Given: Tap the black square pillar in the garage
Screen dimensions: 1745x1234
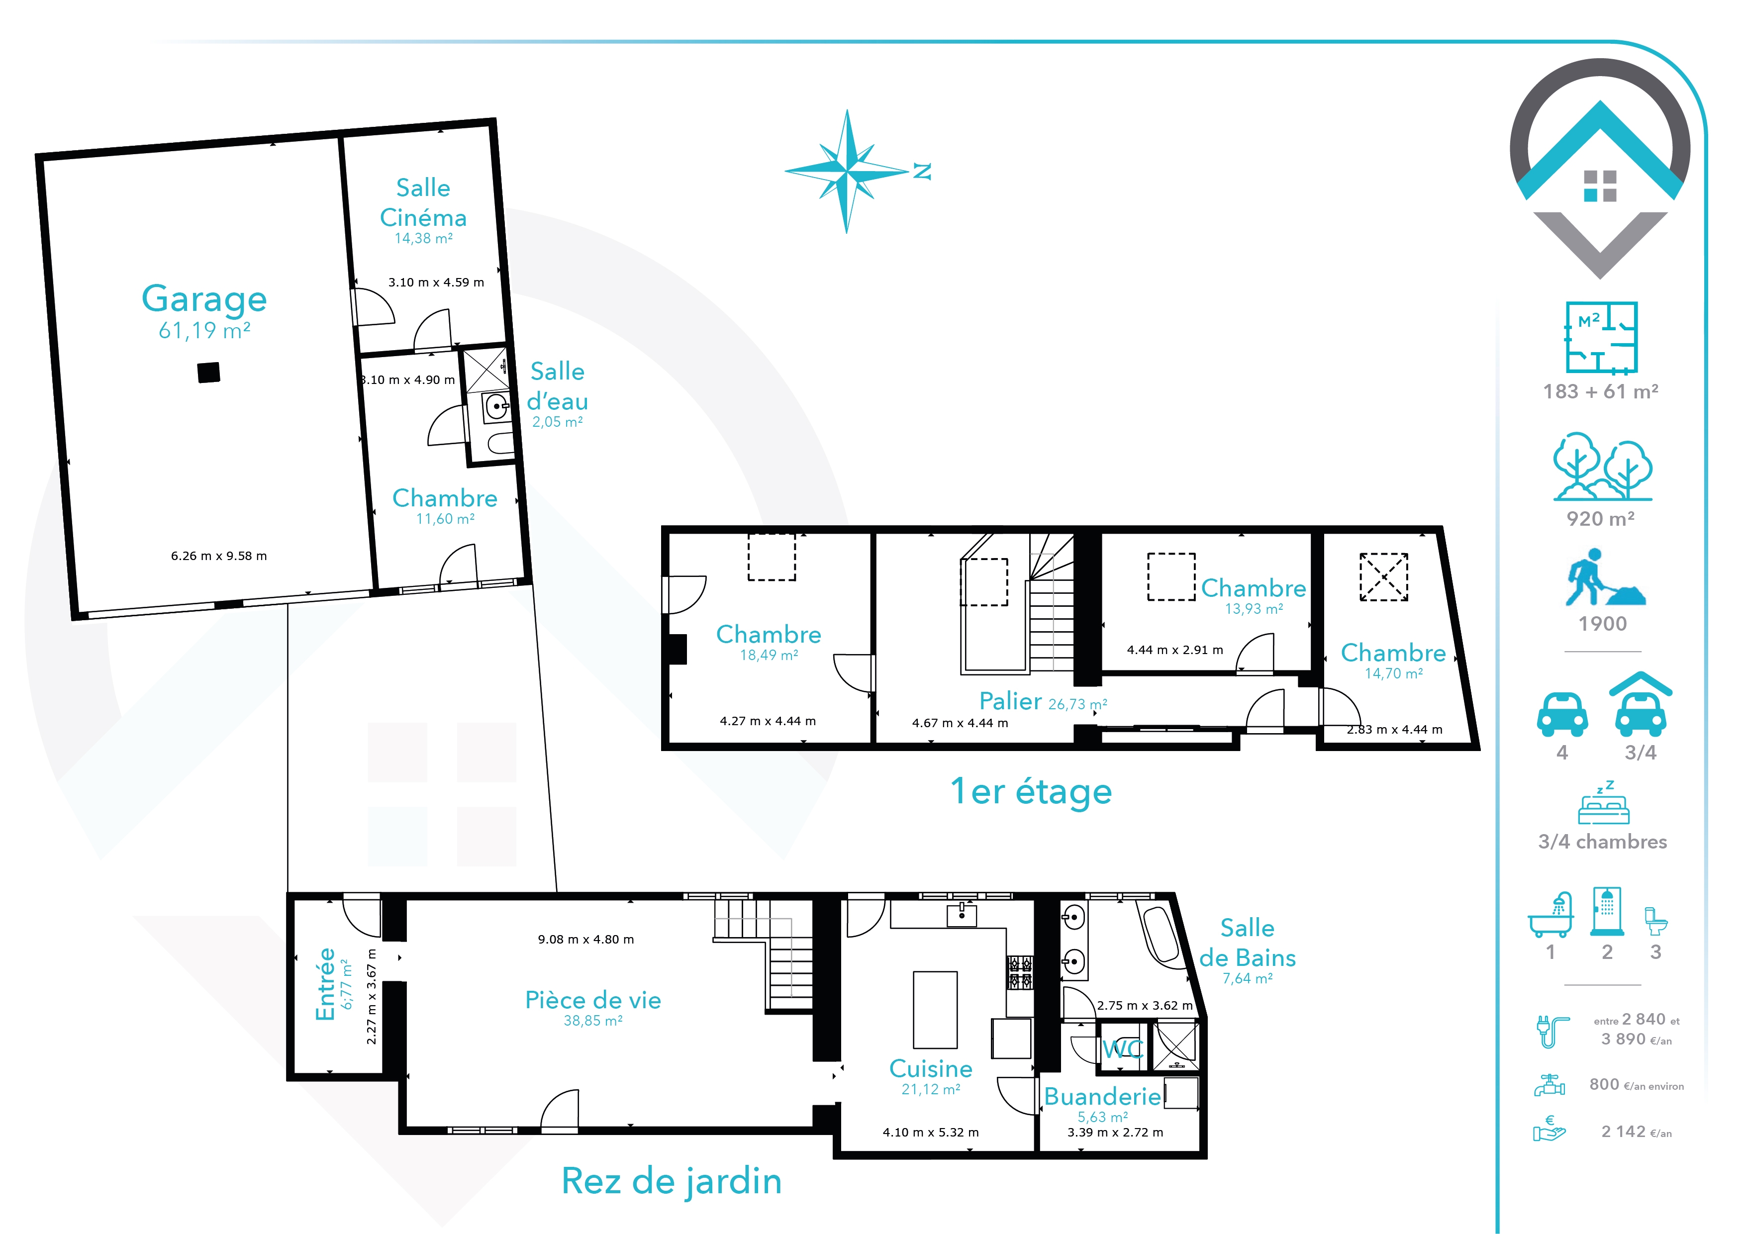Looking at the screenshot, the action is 209,373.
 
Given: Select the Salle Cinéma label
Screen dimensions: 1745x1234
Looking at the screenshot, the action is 423,202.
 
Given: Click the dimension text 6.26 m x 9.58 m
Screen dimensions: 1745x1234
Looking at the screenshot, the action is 219,556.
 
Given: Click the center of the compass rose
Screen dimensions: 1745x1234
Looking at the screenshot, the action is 848,172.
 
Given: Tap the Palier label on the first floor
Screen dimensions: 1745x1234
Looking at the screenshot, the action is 1010,701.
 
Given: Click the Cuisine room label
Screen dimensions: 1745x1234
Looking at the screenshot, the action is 931,1068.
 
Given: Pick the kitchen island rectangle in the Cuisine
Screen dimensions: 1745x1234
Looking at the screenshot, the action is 935,1010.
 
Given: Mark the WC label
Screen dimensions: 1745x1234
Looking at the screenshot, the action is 1123,1049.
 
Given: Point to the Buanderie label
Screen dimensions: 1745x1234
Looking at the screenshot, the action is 1103,1096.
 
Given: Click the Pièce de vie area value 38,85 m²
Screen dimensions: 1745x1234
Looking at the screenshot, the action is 593,1021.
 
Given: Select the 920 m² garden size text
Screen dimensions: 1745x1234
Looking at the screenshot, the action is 1601,519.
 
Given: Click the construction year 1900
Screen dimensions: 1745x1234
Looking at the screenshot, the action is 1603,624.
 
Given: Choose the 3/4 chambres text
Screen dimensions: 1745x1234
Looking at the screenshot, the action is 1603,842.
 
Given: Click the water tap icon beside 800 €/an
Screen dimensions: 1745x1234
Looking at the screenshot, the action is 1550,1085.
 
